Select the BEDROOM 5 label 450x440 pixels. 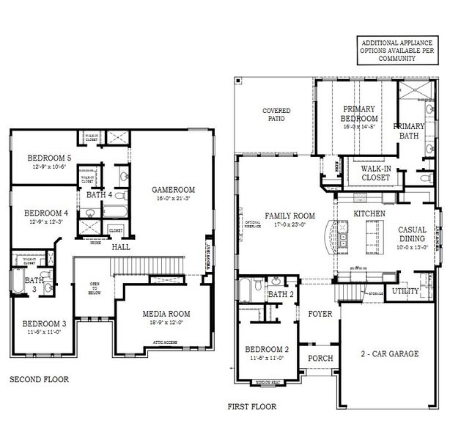click(49, 158)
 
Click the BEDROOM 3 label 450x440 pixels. click(43, 323)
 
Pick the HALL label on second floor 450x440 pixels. click(121, 247)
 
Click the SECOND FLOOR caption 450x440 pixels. click(39, 380)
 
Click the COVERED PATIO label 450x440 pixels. click(276, 114)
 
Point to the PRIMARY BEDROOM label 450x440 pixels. click(360, 114)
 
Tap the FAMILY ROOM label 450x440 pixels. click(289, 216)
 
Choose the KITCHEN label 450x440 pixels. click(369, 213)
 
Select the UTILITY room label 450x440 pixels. click(405, 291)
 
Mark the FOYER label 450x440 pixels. click(320, 314)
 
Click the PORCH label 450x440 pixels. click(320, 358)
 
